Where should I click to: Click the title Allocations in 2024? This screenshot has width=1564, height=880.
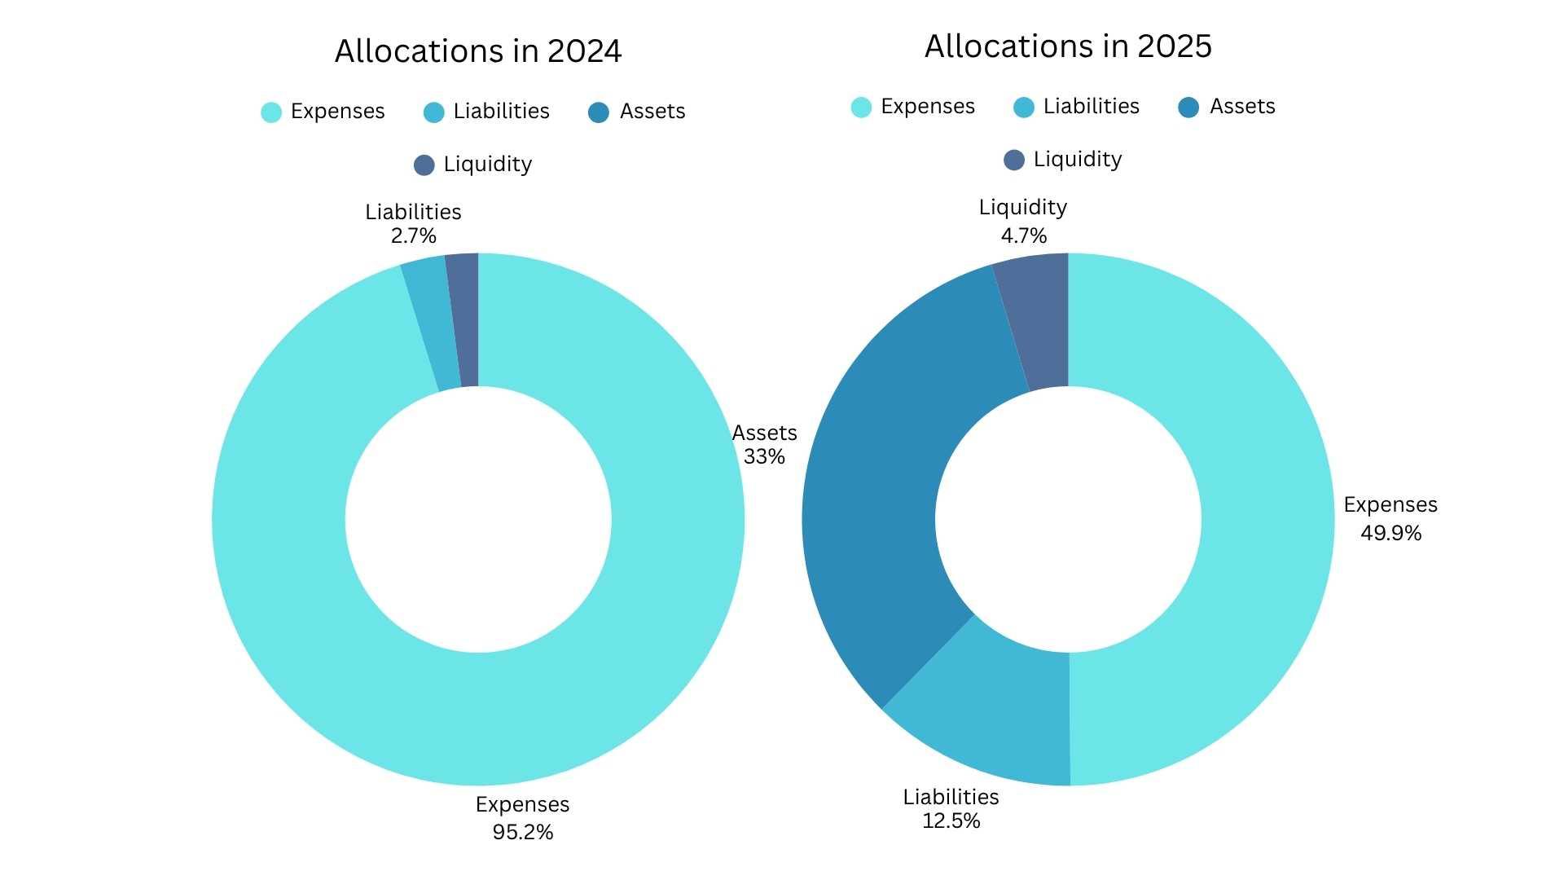click(x=478, y=51)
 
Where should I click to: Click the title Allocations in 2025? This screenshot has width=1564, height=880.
click(x=1068, y=46)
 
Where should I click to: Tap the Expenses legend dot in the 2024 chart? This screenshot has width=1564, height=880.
click(x=271, y=112)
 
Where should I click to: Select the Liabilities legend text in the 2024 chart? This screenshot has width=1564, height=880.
click(x=501, y=112)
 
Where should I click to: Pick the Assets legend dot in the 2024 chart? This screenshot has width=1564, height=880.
click(x=599, y=112)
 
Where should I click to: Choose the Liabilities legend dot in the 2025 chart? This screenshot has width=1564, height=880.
click(x=1024, y=108)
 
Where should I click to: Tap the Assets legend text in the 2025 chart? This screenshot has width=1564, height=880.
click(x=1241, y=107)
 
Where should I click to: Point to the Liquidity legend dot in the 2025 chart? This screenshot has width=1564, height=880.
click(x=1014, y=160)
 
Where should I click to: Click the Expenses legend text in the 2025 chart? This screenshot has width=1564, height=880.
click(x=927, y=107)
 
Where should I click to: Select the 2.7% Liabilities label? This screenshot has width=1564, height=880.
click(x=413, y=235)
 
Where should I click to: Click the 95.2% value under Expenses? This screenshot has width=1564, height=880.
click(x=522, y=832)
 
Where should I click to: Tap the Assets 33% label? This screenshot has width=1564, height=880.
click(x=764, y=445)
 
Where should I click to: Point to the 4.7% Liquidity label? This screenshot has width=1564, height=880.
click(x=1023, y=235)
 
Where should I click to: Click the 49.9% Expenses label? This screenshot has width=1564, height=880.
click(x=1390, y=533)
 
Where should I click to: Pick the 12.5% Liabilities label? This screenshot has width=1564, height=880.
click(x=951, y=821)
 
